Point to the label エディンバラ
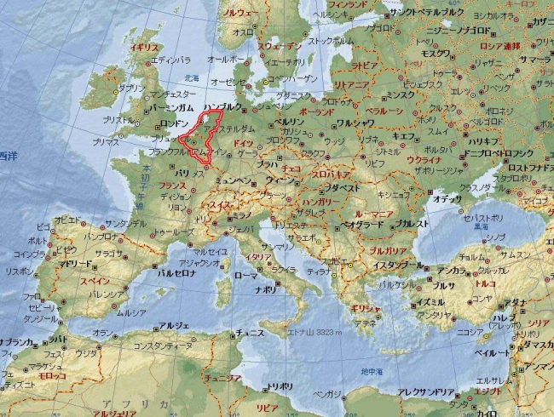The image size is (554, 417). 170,61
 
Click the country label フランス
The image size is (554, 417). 173,185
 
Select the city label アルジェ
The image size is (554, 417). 175,325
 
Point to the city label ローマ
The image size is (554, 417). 245,276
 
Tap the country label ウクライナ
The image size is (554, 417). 424,159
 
